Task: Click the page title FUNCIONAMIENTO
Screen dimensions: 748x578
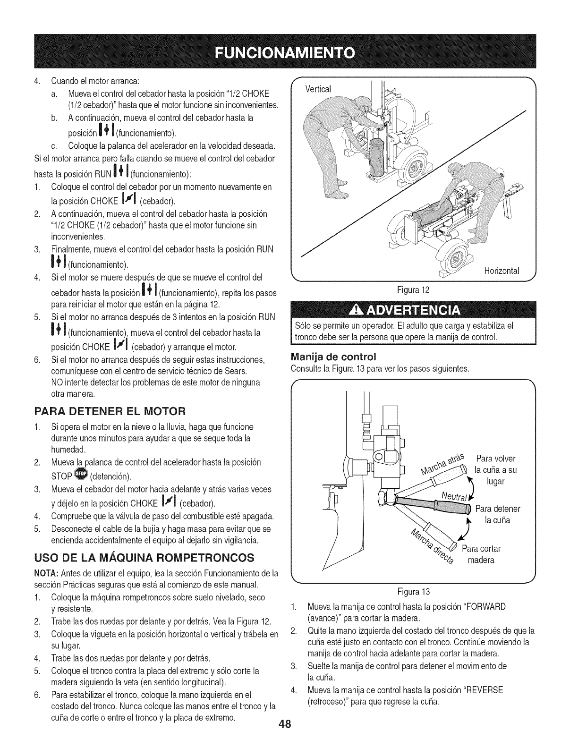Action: point(289,51)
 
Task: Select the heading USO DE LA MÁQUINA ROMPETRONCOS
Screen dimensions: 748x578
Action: point(144,558)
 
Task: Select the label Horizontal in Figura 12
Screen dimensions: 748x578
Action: point(501,271)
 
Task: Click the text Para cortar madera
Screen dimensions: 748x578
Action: point(481,554)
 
